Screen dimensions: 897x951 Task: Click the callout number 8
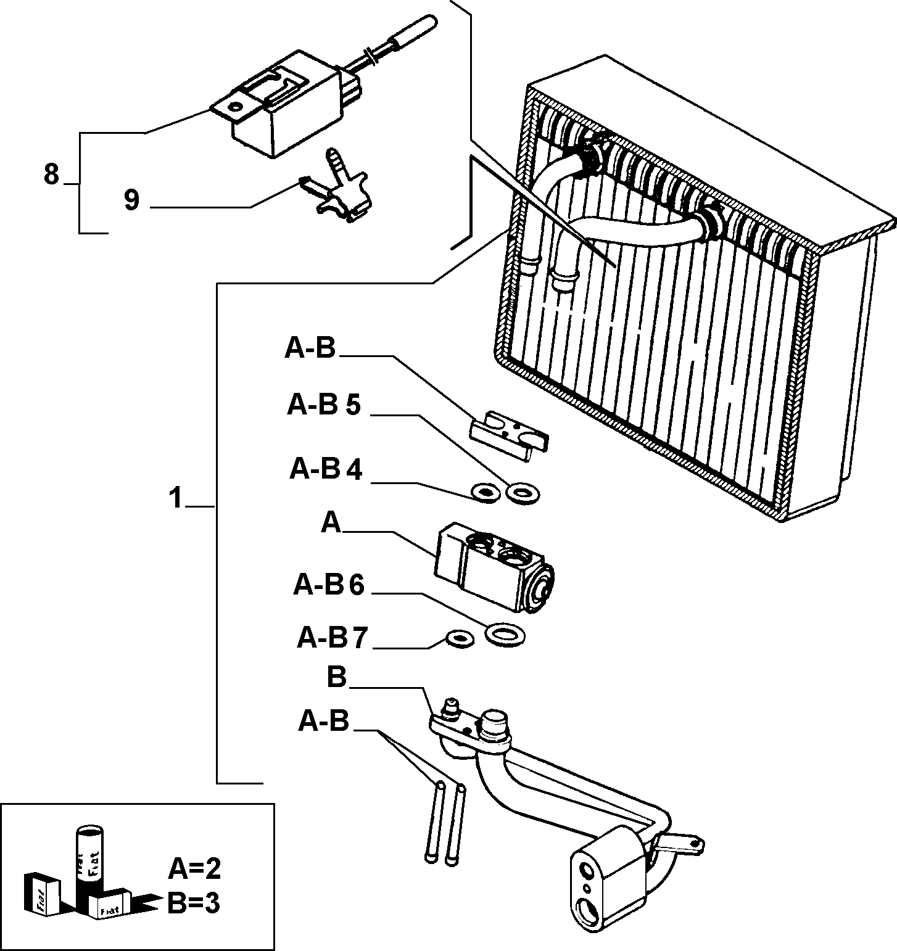click(x=51, y=175)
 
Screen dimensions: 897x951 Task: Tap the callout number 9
click(x=131, y=200)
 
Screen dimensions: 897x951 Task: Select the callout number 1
click(x=176, y=498)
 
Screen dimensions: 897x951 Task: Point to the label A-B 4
click(x=326, y=470)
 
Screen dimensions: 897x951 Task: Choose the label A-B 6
click(x=329, y=585)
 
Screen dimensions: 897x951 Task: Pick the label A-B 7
click(x=333, y=638)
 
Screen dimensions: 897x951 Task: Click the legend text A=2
click(x=194, y=869)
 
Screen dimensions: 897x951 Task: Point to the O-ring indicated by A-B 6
click(x=505, y=635)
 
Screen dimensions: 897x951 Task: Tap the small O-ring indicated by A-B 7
click(x=460, y=640)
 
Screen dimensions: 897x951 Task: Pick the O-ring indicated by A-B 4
click(x=484, y=493)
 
